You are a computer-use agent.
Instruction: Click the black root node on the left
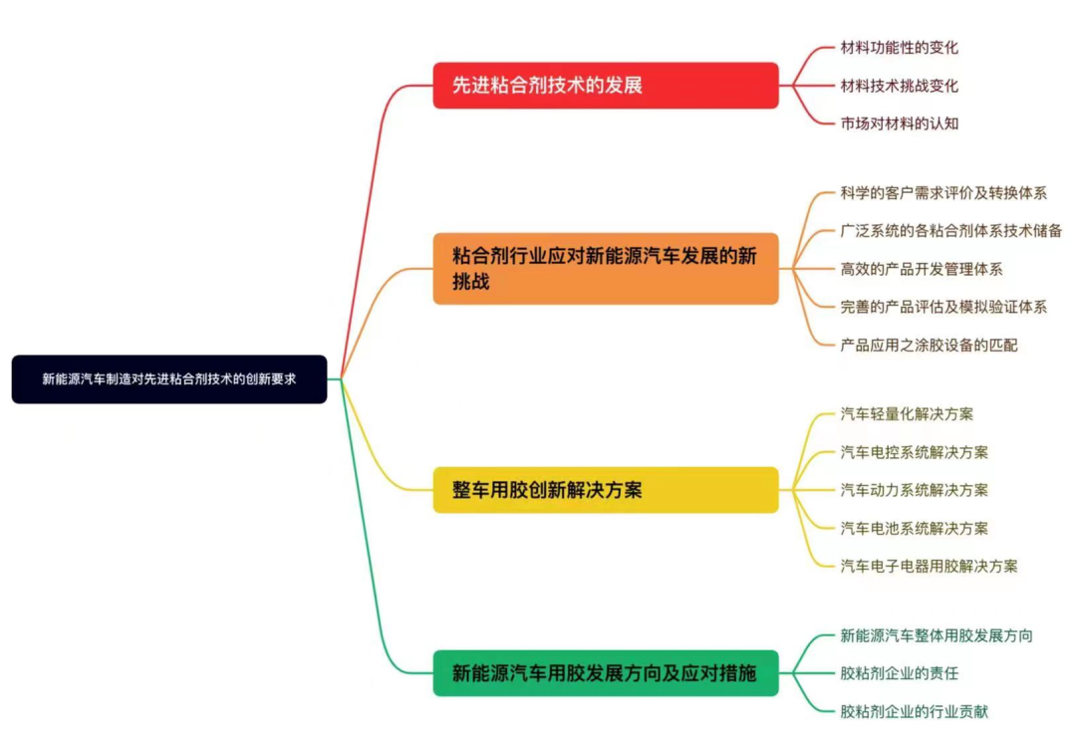pyautogui.click(x=169, y=379)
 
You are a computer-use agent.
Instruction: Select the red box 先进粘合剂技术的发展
pyautogui.click(x=605, y=86)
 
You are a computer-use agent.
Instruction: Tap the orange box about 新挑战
pyautogui.click(x=605, y=269)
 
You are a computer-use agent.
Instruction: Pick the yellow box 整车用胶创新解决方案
pyautogui.click(x=605, y=490)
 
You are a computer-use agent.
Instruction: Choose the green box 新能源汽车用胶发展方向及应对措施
pyautogui.click(x=605, y=673)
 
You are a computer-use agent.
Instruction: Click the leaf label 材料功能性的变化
pyautogui.click(x=899, y=48)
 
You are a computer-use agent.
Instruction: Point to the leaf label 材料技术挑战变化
pyautogui.click(x=899, y=86)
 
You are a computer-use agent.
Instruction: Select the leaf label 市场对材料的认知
pyautogui.click(x=899, y=123)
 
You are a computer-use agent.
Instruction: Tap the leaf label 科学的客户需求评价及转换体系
pyautogui.click(x=943, y=193)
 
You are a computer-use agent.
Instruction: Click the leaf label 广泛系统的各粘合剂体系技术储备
pyautogui.click(x=950, y=231)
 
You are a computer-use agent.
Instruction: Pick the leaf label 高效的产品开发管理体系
pyautogui.click(x=921, y=269)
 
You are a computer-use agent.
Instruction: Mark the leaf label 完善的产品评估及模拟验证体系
pyautogui.click(x=943, y=307)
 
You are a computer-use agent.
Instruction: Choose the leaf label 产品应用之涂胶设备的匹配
pyautogui.click(x=929, y=345)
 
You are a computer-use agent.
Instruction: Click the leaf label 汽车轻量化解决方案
pyautogui.click(x=907, y=414)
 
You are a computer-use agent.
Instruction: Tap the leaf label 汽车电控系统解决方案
pyautogui.click(x=914, y=452)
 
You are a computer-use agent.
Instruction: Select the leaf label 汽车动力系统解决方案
pyautogui.click(x=914, y=490)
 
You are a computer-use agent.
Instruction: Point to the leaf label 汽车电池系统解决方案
pyautogui.click(x=914, y=528)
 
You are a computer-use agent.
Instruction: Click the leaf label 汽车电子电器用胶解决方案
pyautogui.click(x=929, y=566)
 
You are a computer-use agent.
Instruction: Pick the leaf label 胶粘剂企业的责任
pyautogui.click(x=899, y=673)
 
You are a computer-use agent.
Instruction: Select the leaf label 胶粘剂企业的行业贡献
pyautogui.click(x=914, y=711)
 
